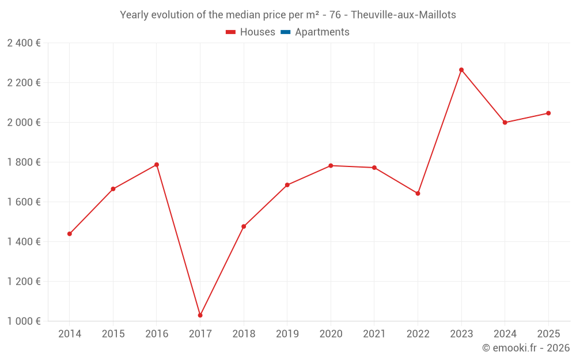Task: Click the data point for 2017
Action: tap(200, 315)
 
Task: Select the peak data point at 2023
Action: tap(461, 70)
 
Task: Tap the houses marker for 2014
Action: tap(70, 234)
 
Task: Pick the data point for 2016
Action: tap(157, 165)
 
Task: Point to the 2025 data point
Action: tap(548, 113)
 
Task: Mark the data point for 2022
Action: tap(418, 194)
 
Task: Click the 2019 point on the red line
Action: tap(287, 185)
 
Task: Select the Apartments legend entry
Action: tap(322, 32)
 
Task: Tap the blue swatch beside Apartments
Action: tap(285, 32)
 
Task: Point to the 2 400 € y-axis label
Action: tap(24, 43)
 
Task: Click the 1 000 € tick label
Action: tap(24, 321)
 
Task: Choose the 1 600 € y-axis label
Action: tap(24, 202)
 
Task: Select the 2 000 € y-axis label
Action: tap(24, 123)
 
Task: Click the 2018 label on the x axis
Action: tap(244, 334)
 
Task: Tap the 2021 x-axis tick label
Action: tap(374, 334)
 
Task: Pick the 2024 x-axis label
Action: tap(505, 334)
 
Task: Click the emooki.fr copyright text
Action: tap(526, 348)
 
